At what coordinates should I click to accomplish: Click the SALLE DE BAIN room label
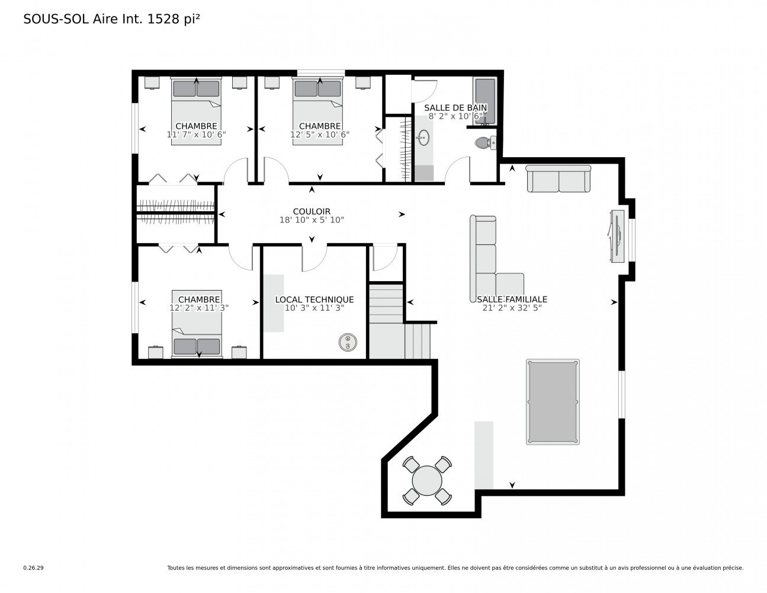tap(455, 107)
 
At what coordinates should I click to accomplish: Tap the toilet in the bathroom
tap(486, 142)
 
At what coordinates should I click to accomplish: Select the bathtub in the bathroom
tap(485, 101)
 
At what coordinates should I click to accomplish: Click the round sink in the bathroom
tap(423, 138)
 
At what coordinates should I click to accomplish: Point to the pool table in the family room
tap(553, 402)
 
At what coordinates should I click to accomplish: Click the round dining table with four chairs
tap(427, 480)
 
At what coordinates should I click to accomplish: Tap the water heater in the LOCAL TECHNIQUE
tap(348, 342)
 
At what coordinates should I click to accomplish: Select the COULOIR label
tap(312, 211)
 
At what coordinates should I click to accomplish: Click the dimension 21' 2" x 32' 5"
tap(512, 308)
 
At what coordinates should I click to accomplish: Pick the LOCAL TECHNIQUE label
tap(314, 299)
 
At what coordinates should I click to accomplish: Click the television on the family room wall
tap(617, 236)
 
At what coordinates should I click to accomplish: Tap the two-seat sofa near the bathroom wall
tap(559, 179)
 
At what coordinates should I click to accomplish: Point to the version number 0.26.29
tap(34, 568)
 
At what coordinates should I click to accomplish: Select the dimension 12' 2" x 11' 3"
tap(199, 308)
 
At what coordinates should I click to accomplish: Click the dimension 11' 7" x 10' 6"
tap(196, 134)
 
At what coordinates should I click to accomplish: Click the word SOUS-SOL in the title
tap(56, 19)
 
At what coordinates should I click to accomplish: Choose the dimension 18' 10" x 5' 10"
tap(312, 220)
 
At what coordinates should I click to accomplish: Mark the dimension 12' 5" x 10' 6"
tap(320, 134)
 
